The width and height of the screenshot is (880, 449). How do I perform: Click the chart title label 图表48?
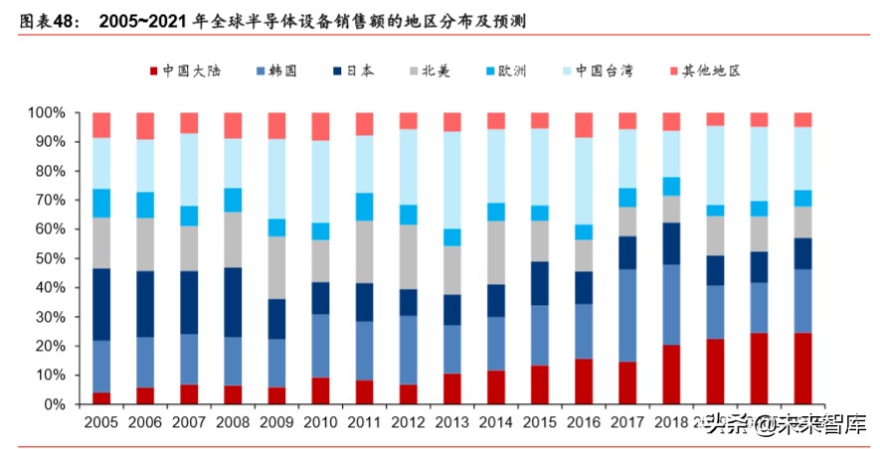click(x=46, y=19)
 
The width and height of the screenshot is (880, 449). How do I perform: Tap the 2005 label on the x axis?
click(x=101, y=423)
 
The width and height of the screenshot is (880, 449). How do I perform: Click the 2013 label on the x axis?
click(x=451, y=423)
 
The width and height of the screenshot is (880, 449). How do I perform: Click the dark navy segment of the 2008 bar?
click(x=233, y=302)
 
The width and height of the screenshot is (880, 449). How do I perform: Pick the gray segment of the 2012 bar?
click(x=408, y=256)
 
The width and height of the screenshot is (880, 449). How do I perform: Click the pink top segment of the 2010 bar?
click(x=320, y=126)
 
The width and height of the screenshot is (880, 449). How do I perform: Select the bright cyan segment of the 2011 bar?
click(x=364, y=207)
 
